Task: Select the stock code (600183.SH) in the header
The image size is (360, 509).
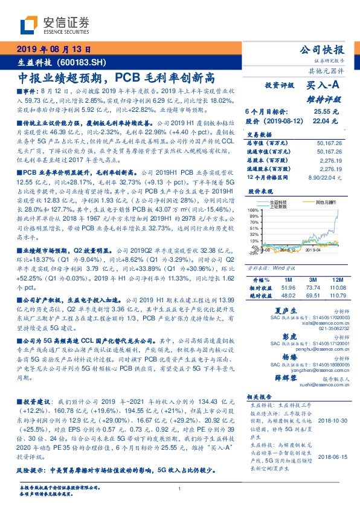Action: [x=84, y=62]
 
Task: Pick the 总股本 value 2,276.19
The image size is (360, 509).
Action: [x=331, y=160]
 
